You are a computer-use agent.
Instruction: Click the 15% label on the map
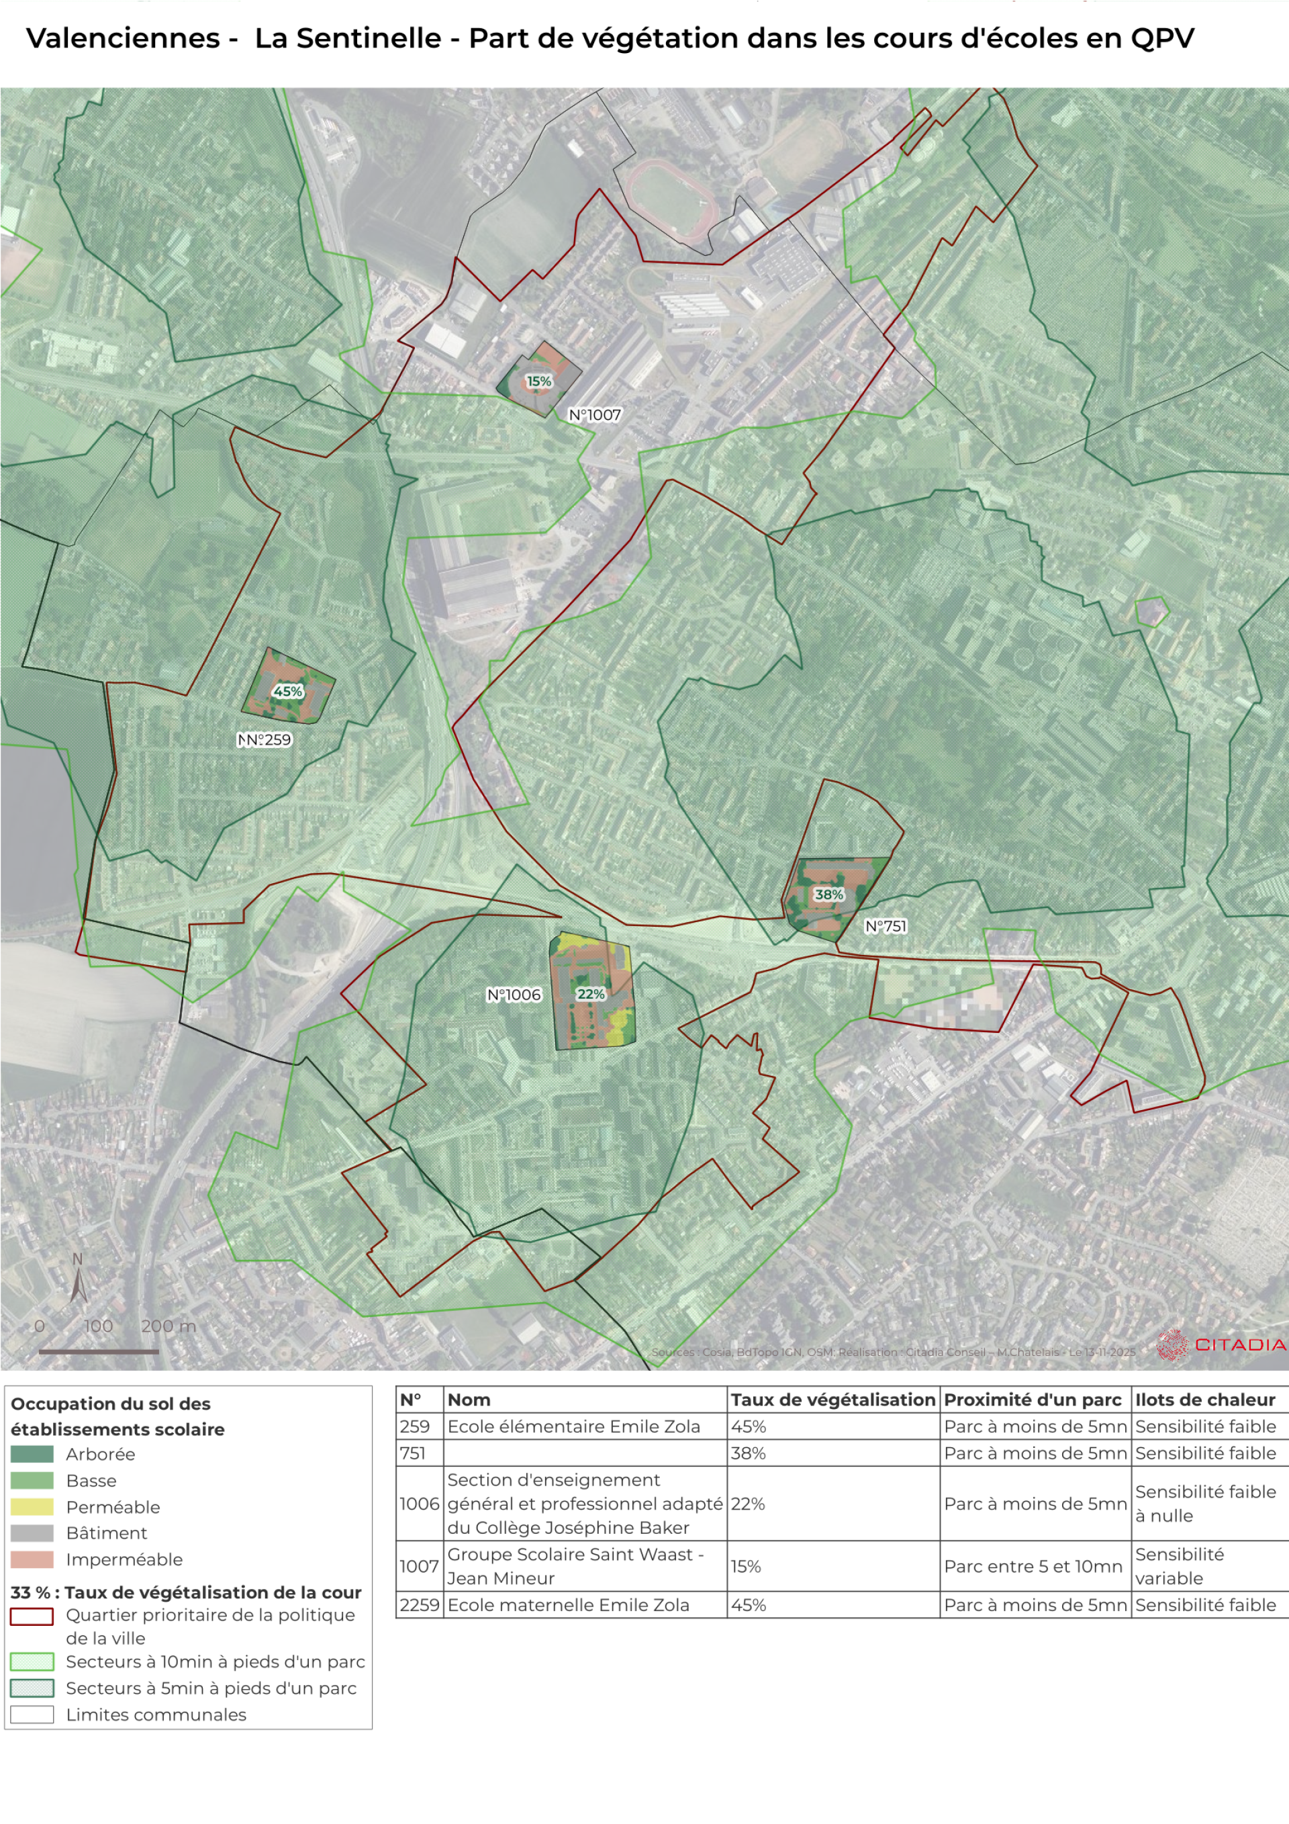[538, 381]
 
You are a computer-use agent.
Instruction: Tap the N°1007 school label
[595, 414]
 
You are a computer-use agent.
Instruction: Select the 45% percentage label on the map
[287, 691]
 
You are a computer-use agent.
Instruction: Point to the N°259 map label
[265, 739]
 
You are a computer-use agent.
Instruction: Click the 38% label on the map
[828, 894]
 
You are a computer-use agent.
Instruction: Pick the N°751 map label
[886, 925]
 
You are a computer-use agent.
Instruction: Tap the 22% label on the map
[591, 994]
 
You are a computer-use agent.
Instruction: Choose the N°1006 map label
[514, 995]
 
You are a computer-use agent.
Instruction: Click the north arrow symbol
[78, 1280]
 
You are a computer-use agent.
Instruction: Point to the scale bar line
[99, 1351]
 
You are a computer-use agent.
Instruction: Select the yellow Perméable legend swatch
[32, 1507]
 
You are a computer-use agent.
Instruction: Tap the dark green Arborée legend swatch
[32, 1454]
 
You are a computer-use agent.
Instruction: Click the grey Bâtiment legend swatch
[32, 1533]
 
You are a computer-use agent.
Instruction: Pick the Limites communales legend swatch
[32, 1715]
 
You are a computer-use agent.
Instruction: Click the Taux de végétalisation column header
[833, 1400]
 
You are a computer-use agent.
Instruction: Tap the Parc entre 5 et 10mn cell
[1033, 1567]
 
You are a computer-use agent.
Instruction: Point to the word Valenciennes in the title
[123, 38]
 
